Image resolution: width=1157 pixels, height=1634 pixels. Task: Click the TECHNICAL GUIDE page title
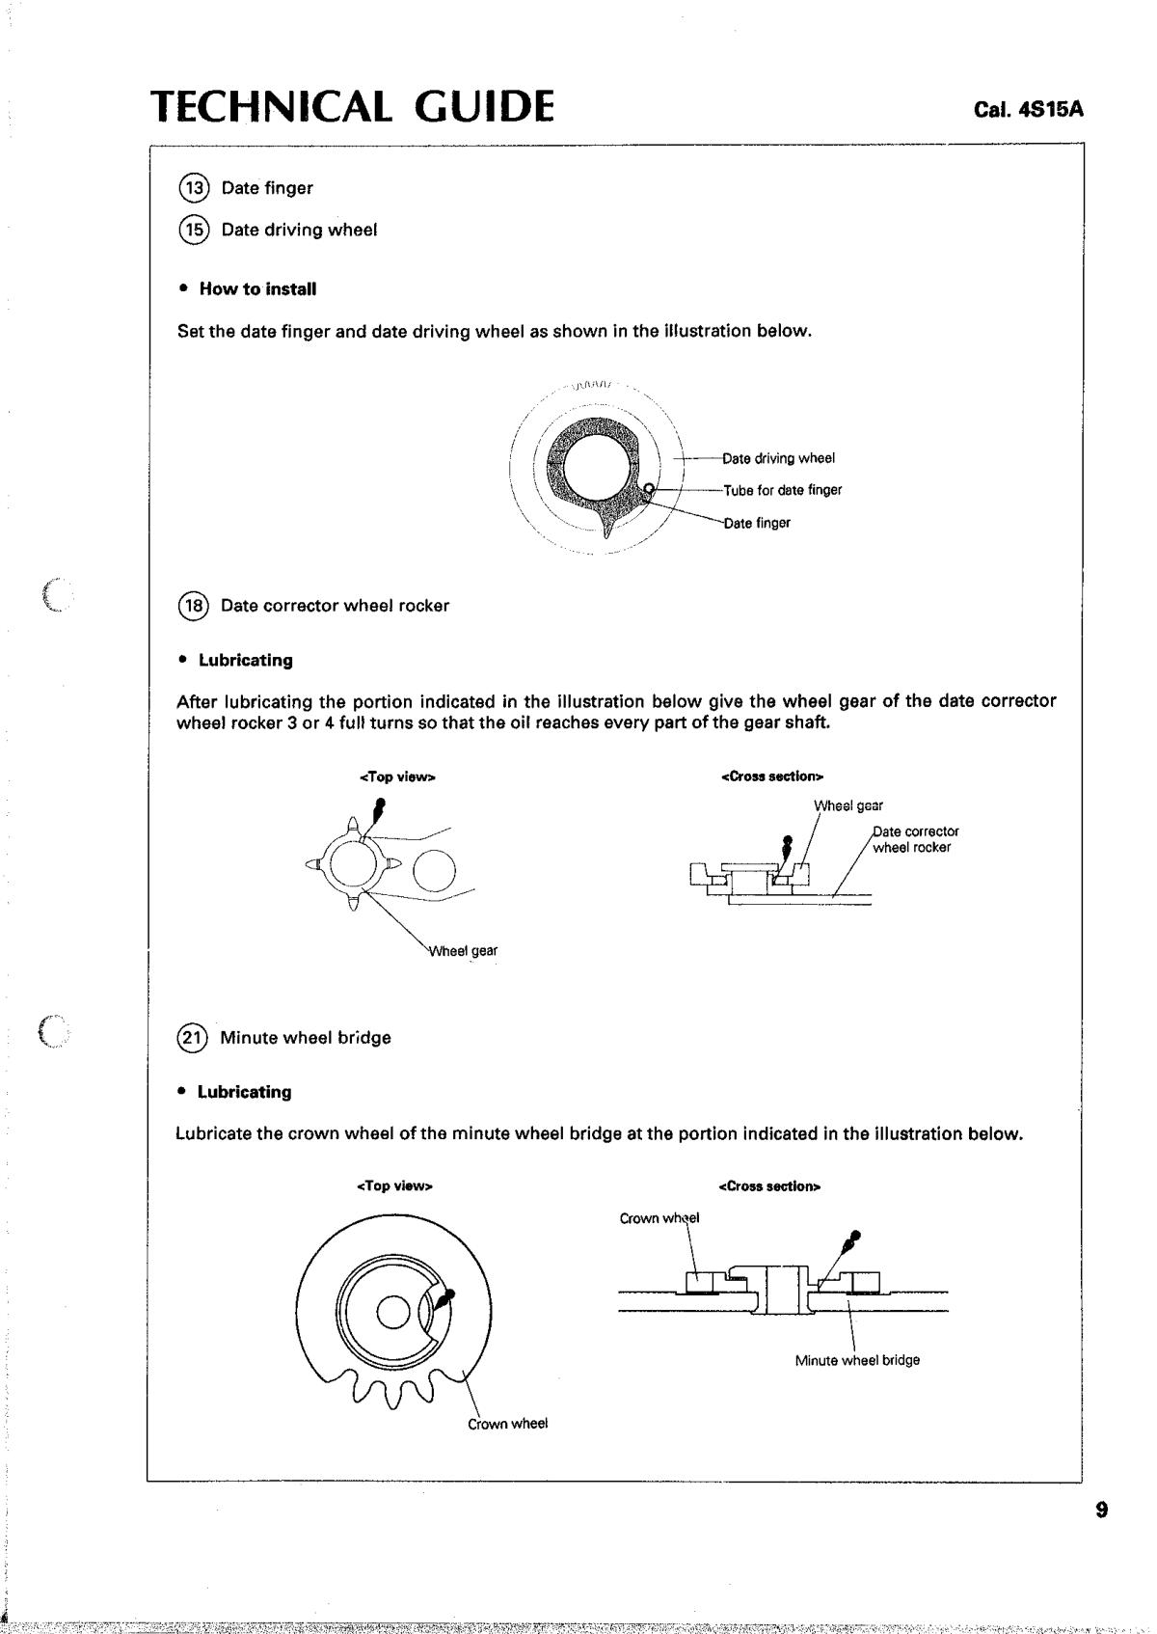[352, 106]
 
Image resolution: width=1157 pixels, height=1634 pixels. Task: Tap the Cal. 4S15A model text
[1029, 110]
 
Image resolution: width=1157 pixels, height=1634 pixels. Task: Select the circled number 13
[193, 188]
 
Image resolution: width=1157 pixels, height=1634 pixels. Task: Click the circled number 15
[193, 230]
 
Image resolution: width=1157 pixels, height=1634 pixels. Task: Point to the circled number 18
[193, 606]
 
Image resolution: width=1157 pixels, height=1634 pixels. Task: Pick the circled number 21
[192, 1037]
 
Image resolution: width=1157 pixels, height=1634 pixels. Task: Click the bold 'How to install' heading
[258, 288]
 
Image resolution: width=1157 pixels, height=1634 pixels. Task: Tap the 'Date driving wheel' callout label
[779, 458]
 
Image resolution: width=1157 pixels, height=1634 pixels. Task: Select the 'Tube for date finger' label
[782, 490]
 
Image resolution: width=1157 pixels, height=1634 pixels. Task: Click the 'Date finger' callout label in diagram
[757, 523]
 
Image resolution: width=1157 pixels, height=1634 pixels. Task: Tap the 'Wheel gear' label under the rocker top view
[463, 950]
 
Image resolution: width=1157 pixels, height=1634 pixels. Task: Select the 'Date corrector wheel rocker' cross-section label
[916, 839]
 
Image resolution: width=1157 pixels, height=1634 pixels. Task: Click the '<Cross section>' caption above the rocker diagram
[772, 776]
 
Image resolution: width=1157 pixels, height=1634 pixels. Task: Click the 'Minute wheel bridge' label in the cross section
[857, 1360]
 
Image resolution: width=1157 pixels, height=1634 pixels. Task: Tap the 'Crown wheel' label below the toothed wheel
[507, 1423]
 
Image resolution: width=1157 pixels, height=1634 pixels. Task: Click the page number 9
[1102, 1510]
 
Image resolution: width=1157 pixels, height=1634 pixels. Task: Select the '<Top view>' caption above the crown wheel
[394, 1186]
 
